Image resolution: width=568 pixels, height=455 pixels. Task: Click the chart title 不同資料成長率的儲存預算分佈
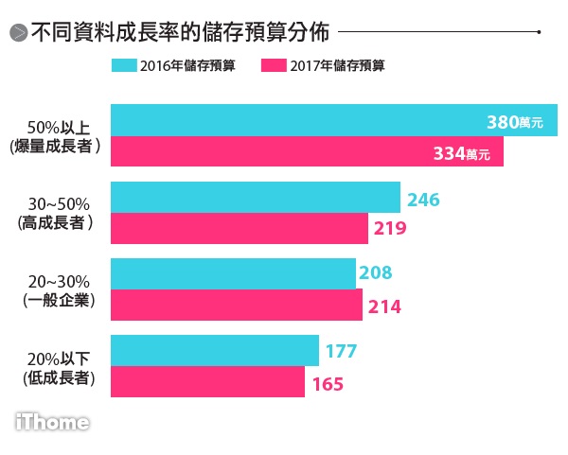[180, 32]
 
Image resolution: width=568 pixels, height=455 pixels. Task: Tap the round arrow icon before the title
[17, 34]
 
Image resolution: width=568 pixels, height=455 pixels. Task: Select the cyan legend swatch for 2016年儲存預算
[123, 65]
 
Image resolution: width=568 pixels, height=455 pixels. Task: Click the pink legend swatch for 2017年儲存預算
[274, 65]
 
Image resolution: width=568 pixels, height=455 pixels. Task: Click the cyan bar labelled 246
[256, 198]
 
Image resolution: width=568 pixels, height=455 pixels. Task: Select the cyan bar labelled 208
[233, 273]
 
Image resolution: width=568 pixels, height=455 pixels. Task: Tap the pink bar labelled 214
[237, 305]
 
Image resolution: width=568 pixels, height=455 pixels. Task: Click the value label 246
[424, 200]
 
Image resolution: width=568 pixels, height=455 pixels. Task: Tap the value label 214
[383, 306]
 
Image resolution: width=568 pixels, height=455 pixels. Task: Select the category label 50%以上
[59, 127]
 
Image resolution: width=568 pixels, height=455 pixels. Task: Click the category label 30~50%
[59, 203]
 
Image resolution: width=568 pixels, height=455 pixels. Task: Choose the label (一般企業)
[59, 300]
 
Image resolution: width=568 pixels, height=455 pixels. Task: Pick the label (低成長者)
[59, 377]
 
